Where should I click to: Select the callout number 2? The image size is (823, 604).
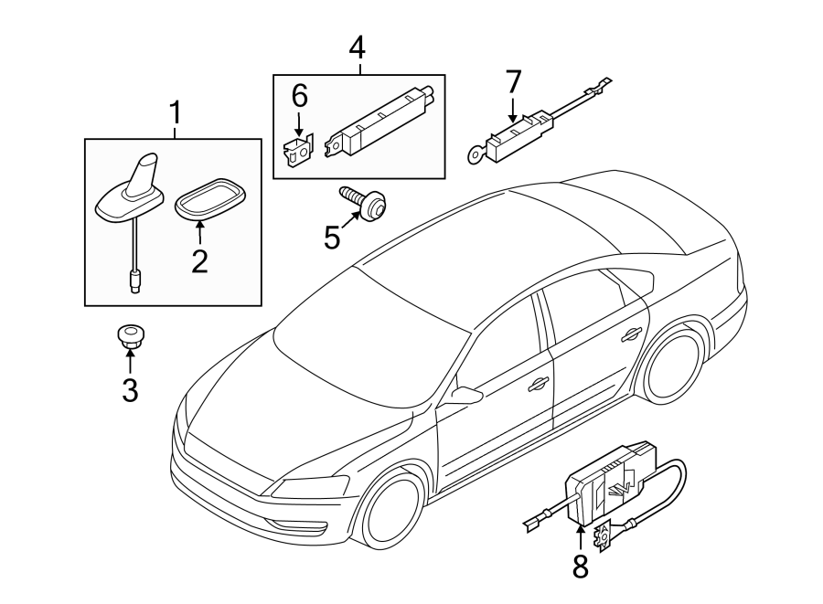click(199, 261)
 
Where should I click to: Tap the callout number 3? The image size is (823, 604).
click(130, 390)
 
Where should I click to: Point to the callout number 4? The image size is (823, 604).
click(358, 47)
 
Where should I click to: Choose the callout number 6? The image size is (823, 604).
click(299, 94)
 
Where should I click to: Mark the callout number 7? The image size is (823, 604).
click(513, 81)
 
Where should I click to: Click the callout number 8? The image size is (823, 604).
click(581, 567)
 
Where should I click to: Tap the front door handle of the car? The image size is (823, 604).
click(539, 383)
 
